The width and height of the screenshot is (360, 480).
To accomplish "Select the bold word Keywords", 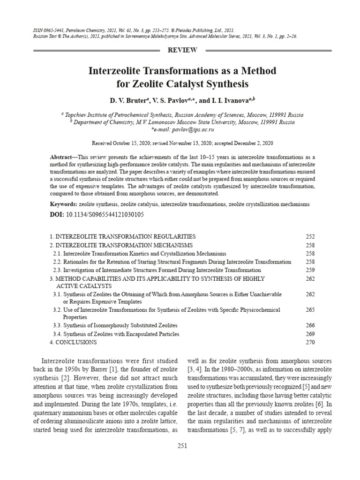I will pos(63,204).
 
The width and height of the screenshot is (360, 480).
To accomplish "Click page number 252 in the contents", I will pos(310,236).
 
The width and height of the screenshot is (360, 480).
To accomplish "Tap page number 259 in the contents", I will pos(310,270).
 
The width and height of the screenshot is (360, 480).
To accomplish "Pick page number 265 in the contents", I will pos(310,310).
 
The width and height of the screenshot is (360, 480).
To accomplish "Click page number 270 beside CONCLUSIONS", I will pos(310,342).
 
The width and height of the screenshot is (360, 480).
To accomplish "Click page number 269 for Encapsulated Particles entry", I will pos(310,334).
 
